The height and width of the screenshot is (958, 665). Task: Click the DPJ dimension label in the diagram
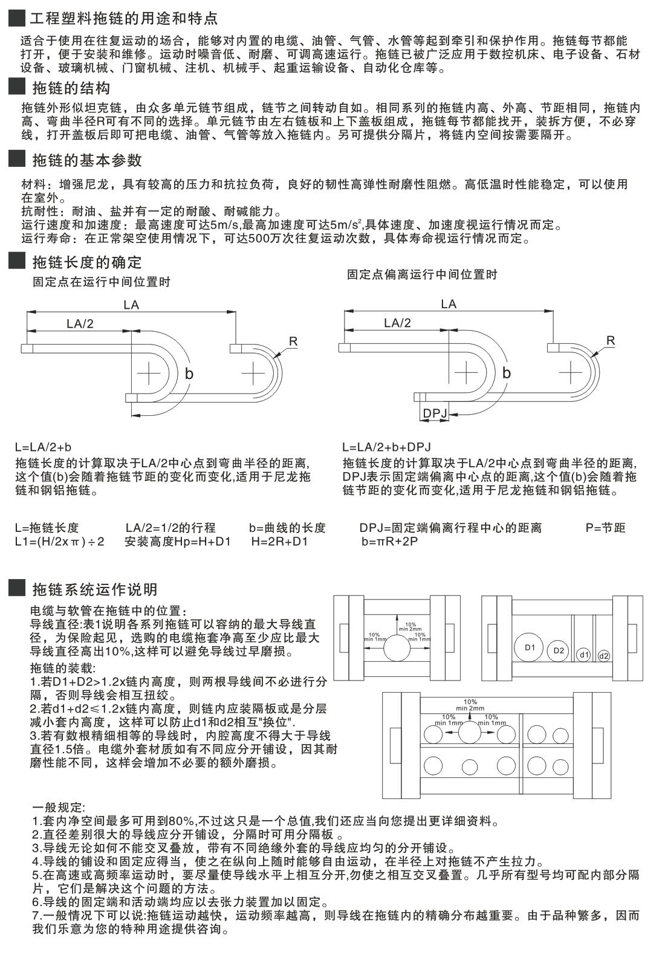tap(434, 413)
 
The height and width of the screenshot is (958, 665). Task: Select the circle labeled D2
tap(559, 651)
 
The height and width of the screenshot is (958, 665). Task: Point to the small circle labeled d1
tap(583, 655)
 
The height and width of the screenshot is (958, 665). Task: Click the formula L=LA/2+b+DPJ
tap(386, 447)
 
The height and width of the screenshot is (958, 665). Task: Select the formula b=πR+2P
tap(390, 542)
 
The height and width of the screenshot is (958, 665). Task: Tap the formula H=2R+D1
tap(279, 542)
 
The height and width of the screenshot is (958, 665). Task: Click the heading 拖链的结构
tap(71, 88)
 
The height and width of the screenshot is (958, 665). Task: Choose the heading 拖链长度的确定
tap(86, 262)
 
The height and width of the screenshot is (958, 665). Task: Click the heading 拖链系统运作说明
tap(94, 589)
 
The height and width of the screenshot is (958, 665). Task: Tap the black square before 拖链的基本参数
tap(16, 160)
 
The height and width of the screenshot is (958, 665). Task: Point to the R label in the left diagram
tap(293, 341)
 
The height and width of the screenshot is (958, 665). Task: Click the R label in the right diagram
tap(611, 341)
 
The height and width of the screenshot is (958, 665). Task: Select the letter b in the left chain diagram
tap(189, 374)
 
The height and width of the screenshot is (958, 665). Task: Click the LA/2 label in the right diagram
tap(397, 323)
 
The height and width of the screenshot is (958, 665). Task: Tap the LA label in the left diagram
tap(131, 305)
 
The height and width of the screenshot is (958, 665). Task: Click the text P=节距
tap(605, 528)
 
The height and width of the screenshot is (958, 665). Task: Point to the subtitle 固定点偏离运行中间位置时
tap(422, 274)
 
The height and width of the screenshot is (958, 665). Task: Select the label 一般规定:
tap(59, 807)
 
